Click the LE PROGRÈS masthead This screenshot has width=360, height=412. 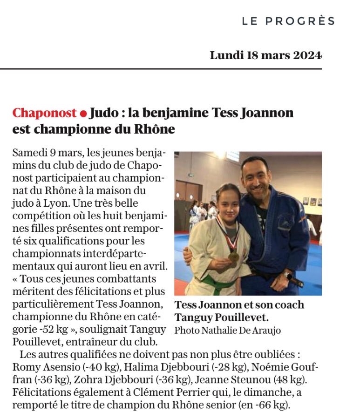tap(288, 21)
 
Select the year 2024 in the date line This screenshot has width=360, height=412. tap(307, 56)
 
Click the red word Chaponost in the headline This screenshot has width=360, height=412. tap(44, 113)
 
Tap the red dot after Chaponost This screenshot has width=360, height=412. tap(83, 114)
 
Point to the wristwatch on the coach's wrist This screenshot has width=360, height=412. tap(287, 275)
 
